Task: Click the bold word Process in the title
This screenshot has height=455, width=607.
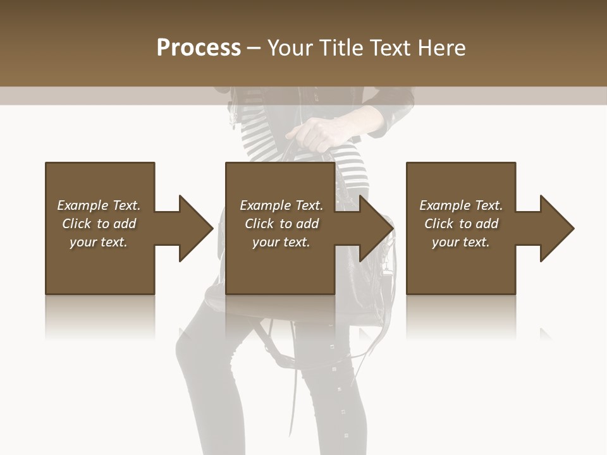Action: coord(199,48)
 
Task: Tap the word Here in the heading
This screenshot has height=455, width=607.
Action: coord(442,48)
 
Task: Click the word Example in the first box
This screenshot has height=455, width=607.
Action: coord(83,205)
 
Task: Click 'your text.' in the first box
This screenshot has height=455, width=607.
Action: coord(99,242)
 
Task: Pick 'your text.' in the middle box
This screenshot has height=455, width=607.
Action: coord(281,242)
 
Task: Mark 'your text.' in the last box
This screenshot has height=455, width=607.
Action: coord(461,242)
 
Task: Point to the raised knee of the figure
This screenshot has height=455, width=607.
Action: coord(190,341)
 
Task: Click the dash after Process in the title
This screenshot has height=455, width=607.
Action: coord(254,48)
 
